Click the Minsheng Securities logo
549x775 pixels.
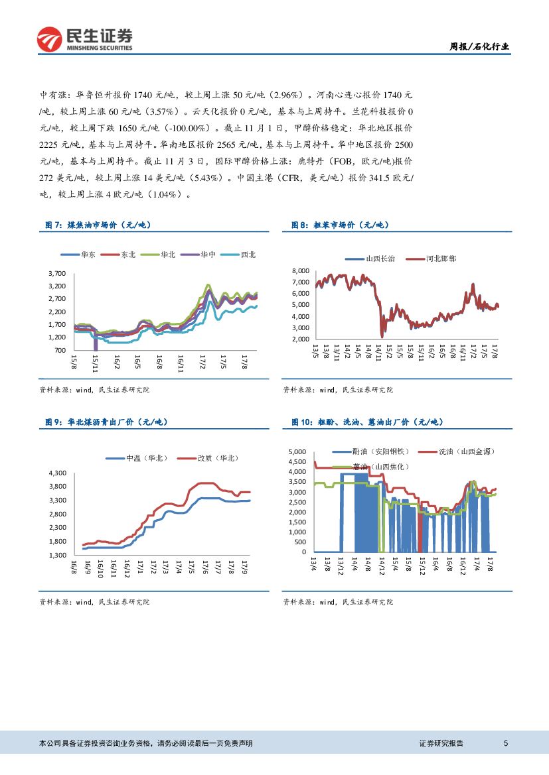pos(84,39)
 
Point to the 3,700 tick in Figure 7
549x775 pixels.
pos(57,273)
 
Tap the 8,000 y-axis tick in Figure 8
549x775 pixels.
pos(301,271)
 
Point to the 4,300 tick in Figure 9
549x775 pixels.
pos(58,473)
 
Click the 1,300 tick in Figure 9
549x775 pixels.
pos(58,555)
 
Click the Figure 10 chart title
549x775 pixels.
pos(367,422)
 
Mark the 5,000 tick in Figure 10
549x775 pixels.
pos(297,452)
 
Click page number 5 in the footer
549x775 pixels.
pos(506,743)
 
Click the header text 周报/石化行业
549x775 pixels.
pos(480,46)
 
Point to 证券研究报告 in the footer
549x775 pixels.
pos(441,743)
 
